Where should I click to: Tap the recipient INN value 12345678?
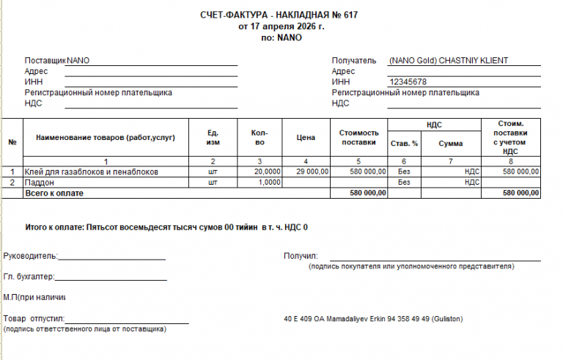point(408,81)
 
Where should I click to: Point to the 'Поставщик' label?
point(45,61)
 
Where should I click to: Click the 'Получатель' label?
point(354,61)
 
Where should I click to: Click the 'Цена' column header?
point(306,137)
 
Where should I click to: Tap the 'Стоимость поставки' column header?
point(358,137)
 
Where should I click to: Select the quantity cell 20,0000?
point(267,172)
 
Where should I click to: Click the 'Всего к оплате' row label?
point(54,193)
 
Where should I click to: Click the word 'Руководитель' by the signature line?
point(29,257)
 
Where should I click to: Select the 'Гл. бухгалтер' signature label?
point(29,276)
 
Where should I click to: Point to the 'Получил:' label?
point(300,257)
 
